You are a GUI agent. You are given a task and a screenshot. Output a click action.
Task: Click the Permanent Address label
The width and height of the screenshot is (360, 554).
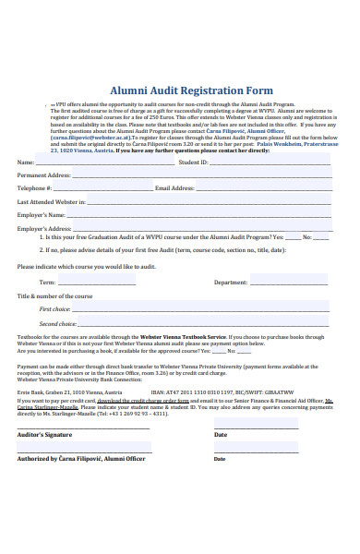click(x=44, y=175)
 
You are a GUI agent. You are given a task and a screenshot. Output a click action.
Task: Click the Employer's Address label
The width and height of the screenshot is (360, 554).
click(x=44, y=227)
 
